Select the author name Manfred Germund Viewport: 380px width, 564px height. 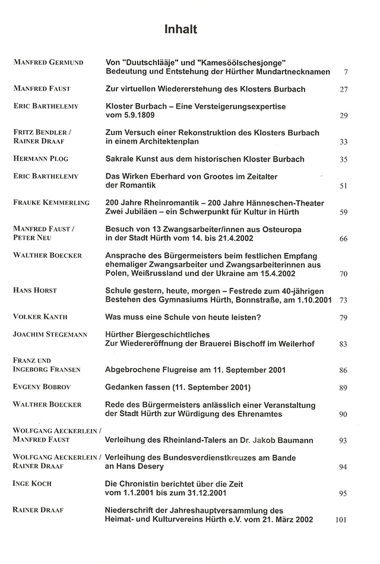pos(48,62)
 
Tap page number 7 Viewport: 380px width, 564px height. pos(345,72)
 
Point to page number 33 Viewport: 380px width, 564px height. pos(343,142)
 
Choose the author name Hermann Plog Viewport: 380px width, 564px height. pos(40,159)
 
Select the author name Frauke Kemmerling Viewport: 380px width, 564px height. pos(51,202)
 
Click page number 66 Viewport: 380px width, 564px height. pos(343,238)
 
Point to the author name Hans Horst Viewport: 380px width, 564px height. pos(35,290)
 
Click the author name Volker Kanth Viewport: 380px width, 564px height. pos(40,317)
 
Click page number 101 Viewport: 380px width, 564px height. pos(341,520)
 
